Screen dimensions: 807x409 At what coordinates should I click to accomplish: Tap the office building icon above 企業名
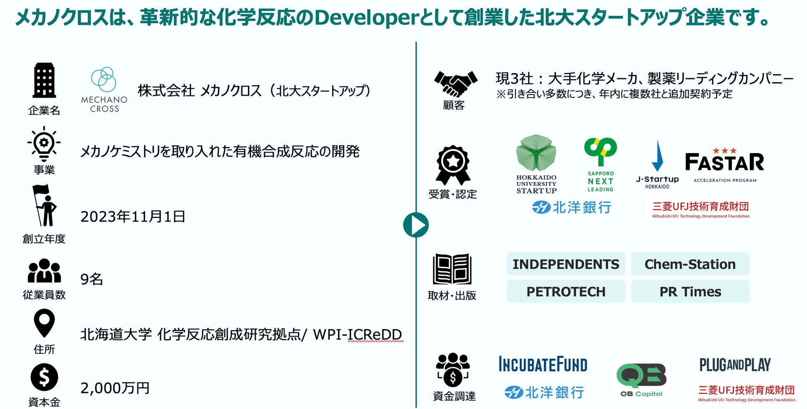click(x=44, y=81)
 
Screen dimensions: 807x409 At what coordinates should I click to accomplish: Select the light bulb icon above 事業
click(x=44, y=144)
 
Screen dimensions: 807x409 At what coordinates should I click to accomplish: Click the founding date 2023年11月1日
click(x=133, y=217)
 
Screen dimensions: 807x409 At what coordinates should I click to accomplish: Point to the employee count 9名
click(x=91, y=279)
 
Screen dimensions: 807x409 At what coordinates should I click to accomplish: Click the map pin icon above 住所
click(x=44, y=324)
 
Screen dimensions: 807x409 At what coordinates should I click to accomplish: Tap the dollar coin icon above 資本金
click(x=44, y=377)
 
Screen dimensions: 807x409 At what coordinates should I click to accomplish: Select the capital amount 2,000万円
click(x=115, y=388)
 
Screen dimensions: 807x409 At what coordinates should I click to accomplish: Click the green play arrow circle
click(x=416, y=225)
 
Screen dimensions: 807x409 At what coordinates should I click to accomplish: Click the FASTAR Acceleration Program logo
click(x=725, y=165)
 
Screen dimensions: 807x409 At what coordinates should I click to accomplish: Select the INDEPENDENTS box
click(x=566, y=264)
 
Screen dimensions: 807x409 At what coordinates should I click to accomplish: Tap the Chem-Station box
click(x=690, y=264)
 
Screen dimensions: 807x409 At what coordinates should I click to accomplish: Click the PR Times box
click(x=690, y=292)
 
